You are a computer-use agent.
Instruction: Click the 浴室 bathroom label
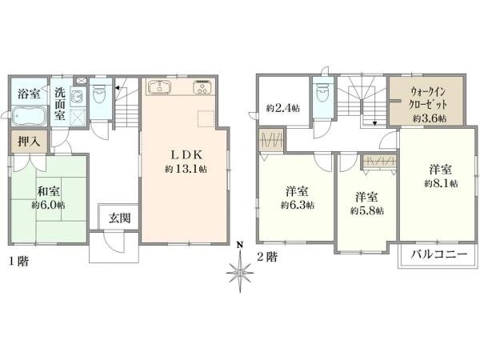click(x=30, y=94)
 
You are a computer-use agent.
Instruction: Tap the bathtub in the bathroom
click(x=30, y=118)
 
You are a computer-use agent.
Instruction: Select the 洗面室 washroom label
click(x=61, y=102)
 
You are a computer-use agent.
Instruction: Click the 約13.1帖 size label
click(x=186, y=170)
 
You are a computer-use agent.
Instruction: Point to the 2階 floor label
click(x=266, y=258)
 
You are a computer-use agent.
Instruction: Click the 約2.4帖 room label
click(x=282, y=108)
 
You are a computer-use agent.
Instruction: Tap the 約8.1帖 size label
click(x=441, y=183)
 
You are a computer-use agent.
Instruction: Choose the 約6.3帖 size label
click(x=297, y=205)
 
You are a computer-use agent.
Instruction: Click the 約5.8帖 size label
click(x=366, y=210)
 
